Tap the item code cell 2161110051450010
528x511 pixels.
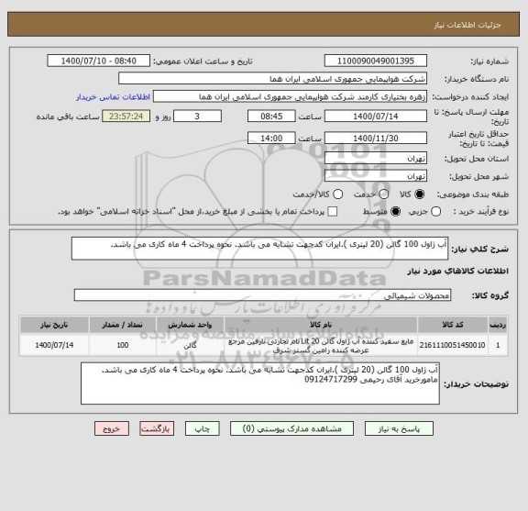[463, 346]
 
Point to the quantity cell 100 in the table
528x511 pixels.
[123, 346]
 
